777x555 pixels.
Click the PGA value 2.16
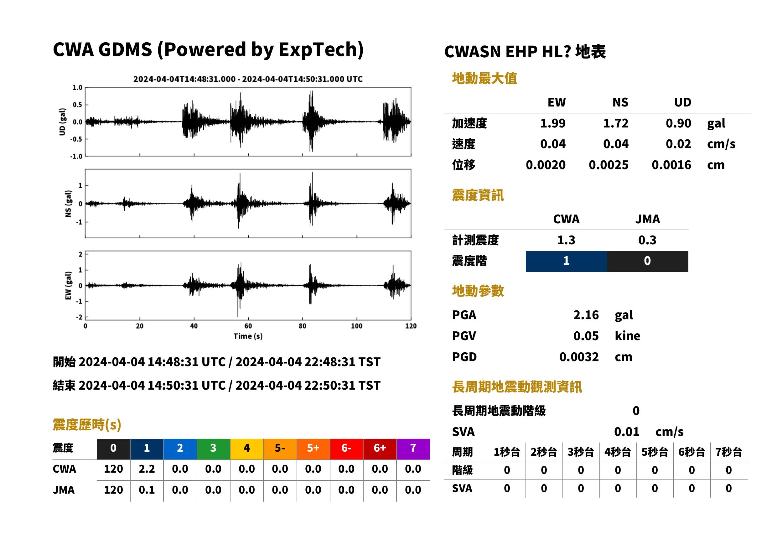click(586, 315)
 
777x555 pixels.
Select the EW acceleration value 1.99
click(552, 123)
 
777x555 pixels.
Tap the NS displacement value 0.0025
click(608, 165)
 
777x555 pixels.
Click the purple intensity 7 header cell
click(413, 448)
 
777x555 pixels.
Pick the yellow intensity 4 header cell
click(246, 448)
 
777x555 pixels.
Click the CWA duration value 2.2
click(147, 469)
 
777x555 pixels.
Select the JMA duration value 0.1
click(147, 490)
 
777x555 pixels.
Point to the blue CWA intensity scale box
click(566, 261)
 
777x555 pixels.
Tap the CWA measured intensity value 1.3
click(566, 240)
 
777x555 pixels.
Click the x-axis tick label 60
click(248, 326)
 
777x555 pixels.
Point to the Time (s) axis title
click(248, 336)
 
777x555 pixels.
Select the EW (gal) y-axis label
click(68, 286)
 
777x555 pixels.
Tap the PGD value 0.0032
click(579, 357)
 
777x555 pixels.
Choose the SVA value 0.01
click(626, 432)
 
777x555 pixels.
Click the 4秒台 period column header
click(617, 452)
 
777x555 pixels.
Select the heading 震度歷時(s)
click(87, 424)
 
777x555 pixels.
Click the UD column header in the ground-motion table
click(682, 102)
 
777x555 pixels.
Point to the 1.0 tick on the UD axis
click(78, 87)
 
